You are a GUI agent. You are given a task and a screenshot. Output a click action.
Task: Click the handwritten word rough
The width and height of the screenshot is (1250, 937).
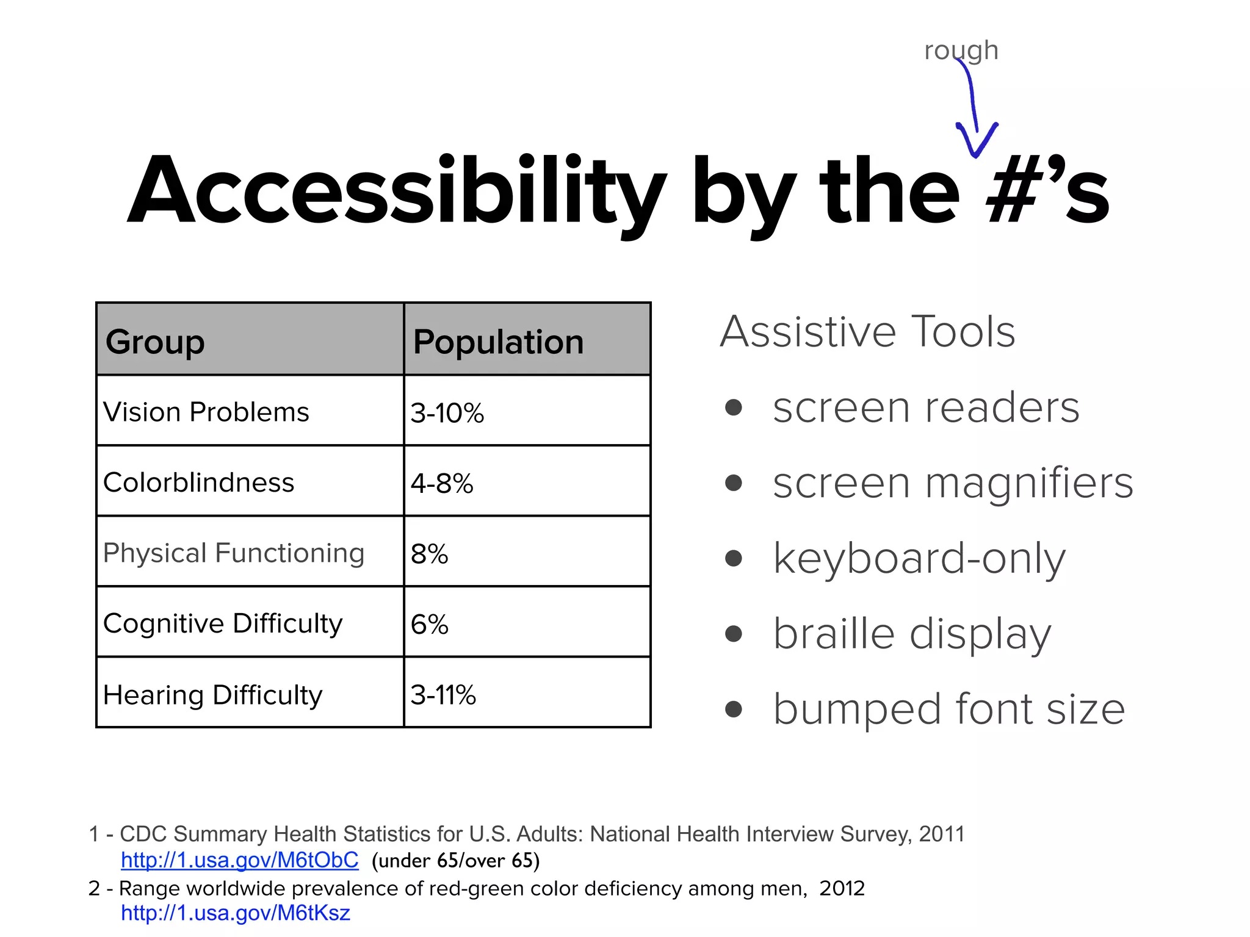tap(961, 50)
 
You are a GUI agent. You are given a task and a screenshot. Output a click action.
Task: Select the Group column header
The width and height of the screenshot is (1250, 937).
tap(155, 341)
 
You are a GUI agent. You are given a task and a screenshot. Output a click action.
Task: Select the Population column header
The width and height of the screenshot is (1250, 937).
tap(498, 341)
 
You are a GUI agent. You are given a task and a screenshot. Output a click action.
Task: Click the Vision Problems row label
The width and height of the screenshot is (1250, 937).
tap(206, 412)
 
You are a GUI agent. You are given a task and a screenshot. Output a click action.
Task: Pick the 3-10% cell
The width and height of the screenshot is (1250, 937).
tap(447, 413)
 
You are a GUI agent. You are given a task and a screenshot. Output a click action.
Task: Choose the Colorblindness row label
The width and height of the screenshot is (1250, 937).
tap(199, 483)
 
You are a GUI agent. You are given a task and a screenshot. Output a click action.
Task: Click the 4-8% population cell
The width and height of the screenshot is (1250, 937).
tap(442, 483)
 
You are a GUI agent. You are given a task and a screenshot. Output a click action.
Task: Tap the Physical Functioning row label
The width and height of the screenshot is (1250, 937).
tap(234, 553)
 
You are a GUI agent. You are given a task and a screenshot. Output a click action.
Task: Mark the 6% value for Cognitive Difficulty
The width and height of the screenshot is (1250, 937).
tap(430, 624)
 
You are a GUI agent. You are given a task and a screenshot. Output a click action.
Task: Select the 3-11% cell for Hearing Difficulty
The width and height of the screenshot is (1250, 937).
tap(443, 695)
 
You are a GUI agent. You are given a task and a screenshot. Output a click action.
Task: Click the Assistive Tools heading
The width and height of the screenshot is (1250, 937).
tap(867, 332)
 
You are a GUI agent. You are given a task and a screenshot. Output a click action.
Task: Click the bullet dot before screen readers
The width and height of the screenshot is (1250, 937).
tap(734, 407)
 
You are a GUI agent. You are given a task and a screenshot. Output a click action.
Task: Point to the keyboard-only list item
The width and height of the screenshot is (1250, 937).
tap(919, 558)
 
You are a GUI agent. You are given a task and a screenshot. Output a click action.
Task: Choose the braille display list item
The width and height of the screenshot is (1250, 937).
tap(912, 634)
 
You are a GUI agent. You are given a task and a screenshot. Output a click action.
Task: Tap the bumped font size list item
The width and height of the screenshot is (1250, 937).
tap(949, 709)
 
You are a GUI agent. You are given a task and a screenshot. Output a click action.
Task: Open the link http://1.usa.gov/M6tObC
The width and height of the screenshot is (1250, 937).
tap(240, 860)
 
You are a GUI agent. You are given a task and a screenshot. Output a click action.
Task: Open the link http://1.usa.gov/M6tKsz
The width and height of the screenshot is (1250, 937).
tap(236, 913)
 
